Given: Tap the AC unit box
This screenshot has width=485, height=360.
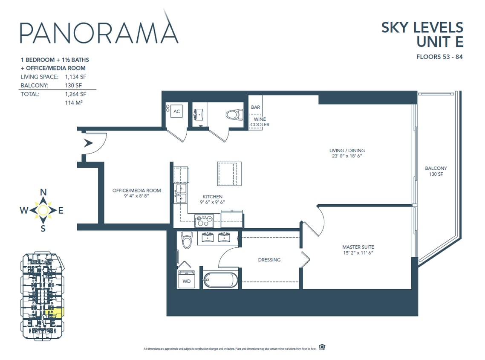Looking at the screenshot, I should (176, 112).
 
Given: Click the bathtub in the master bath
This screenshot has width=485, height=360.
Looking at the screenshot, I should (220, 280).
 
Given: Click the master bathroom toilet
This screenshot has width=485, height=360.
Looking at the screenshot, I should (187, 241).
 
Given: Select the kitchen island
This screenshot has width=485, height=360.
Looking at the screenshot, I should (229, 174).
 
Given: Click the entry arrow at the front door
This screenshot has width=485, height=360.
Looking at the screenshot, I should (89, 143).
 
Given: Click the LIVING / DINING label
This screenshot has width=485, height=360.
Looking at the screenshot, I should (347, 153).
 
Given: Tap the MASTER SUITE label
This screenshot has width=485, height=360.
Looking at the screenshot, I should (358, 250).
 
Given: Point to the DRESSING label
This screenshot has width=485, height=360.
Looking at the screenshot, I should (269, 260).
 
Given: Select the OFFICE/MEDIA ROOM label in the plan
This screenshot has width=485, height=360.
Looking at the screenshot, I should (136, 193).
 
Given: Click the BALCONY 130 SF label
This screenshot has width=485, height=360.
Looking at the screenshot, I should (436, 171).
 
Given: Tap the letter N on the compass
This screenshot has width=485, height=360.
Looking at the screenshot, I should (43, 192).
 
